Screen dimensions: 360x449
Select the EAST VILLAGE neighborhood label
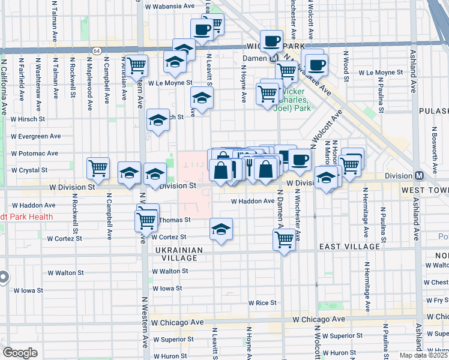tap(349, 247)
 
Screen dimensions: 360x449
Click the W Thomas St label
tap(174, 220)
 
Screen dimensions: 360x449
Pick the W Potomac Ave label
tap(33, 153)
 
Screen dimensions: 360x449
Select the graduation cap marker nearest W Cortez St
tap(221, 229)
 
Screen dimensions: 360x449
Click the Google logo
tap(20, 353)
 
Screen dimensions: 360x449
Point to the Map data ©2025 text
tap(424, 355)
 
